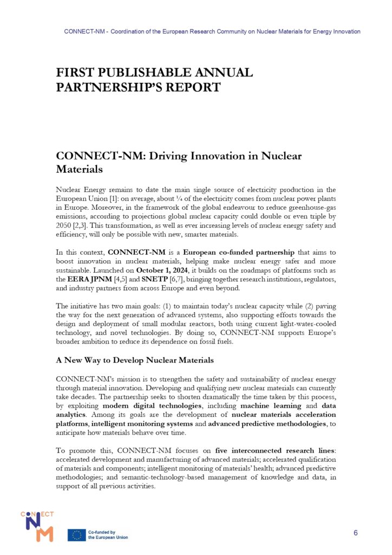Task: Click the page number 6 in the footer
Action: pyautogui.click(x=356, y=532)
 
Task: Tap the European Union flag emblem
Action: pyautogui.click(x=76, y=535)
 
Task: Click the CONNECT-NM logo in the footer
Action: pyautogui.click(x=37, y=526)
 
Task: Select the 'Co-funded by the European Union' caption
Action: pyautogui.click(x=108, y=535)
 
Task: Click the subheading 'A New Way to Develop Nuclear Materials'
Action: pyautogui.click(x=135, y=360)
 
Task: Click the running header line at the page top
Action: pyautogui.click(x=212, y=31)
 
